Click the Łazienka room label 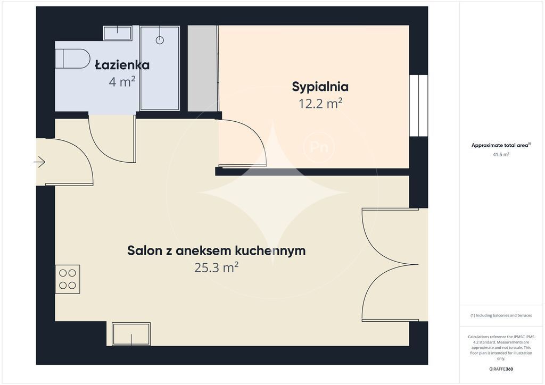point(122,65)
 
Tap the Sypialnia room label point(320,86)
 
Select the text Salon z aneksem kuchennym point(216,250)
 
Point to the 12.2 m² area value point(320,104)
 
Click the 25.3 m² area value point(216,267)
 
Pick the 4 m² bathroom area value point(122,82)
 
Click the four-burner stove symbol point(68,279)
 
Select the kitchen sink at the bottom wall point(131,334)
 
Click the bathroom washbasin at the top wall point(118,33)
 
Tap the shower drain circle point(160,40)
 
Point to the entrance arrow point(40,162)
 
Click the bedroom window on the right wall point(418,105)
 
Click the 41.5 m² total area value point(501,154)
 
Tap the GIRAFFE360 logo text point(501,369)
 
